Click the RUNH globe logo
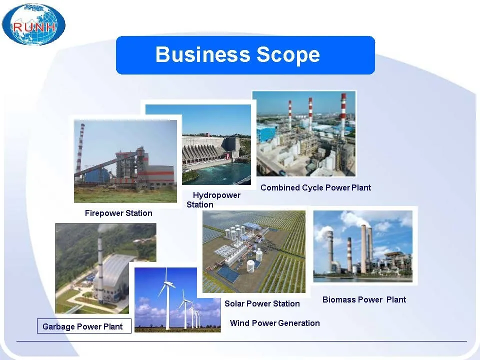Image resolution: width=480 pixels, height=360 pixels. coord(33,24)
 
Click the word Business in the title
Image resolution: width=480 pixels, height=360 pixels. coord(202,54)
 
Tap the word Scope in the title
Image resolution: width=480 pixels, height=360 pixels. coord(288,55)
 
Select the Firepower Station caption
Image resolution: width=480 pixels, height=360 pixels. coord(118,213)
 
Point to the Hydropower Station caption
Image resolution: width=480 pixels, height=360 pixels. coord(213,199)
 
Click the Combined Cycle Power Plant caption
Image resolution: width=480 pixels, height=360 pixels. coord(315,187)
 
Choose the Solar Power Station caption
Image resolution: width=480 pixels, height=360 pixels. coord(262,303)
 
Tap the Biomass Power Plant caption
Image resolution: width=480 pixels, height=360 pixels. coord(364,299)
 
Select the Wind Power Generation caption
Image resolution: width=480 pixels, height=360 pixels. coord(275,323)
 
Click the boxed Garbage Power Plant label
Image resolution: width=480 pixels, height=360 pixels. coord(84,326)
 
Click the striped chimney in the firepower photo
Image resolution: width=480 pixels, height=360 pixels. coord(79,150)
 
